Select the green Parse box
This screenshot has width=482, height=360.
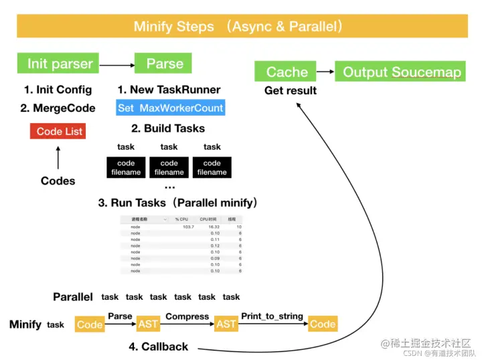point(164,64)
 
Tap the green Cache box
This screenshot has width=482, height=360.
point(287,72)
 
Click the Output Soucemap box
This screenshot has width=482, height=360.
point(402,72)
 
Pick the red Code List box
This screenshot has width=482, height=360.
point(58,131)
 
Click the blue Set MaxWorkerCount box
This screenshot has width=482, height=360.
point(170,108)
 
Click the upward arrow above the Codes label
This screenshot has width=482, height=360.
point(58,158)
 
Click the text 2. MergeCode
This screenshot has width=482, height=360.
point(58,108)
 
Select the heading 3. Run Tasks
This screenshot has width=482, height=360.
point(178,202)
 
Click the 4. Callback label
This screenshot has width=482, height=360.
point(159,347)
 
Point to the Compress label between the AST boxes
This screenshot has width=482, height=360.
point(187,316)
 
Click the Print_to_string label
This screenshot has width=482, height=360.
point(272,316)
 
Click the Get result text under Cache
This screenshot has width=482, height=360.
point(290,90)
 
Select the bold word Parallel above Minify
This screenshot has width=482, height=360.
point(73,296)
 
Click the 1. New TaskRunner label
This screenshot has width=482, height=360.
point(169,90)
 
